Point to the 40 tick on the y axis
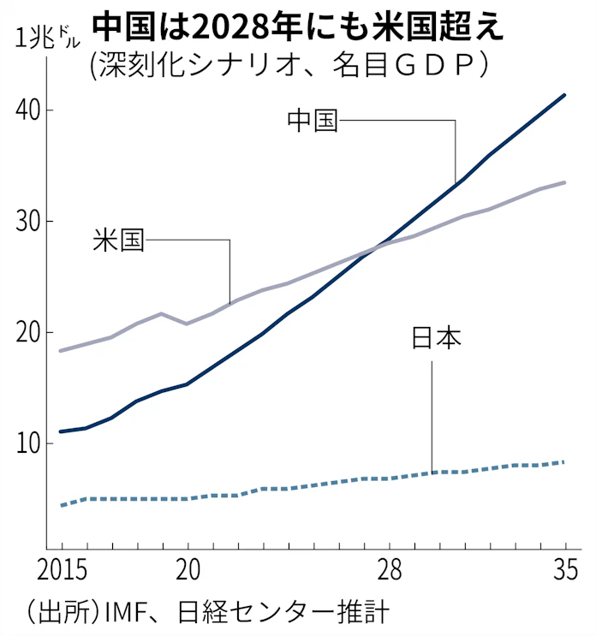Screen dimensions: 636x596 coord(28,110)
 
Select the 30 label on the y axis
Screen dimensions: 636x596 coord(28,222)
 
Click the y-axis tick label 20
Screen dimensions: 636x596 coord(28,332)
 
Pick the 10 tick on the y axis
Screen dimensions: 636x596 coord(28,443)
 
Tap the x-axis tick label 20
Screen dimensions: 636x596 coord(188,569)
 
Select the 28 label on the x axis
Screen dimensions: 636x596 coord(390,569)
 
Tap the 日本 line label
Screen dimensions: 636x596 coord(436,340)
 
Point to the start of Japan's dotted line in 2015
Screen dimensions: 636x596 coord(61,506)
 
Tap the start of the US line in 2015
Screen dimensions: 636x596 coord(61,351)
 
